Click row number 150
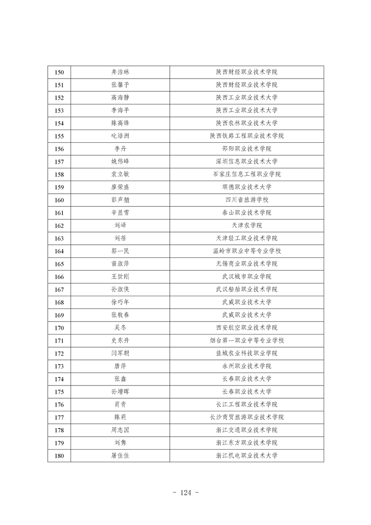coord(59,72)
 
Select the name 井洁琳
coord(120,72)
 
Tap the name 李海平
coord(120,110)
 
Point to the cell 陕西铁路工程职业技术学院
coord(247,136)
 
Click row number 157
coord(59,161)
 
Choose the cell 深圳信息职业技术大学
coord(247,161)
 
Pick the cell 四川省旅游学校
coord(247,200)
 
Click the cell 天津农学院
coord(247,226)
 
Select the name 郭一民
coord(120,251)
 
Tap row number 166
coord(59,277)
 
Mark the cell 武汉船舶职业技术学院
coord(247,289)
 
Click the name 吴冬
coord(120,328)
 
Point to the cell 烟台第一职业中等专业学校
coord(247,341)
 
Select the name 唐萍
coord(120,366)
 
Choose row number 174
coord(59,379)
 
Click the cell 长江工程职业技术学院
coord(247,404)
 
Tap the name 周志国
coord(120,430)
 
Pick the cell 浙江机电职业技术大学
coord(247,455)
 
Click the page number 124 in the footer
coord(186,492)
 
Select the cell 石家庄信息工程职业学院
coord(247,175)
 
